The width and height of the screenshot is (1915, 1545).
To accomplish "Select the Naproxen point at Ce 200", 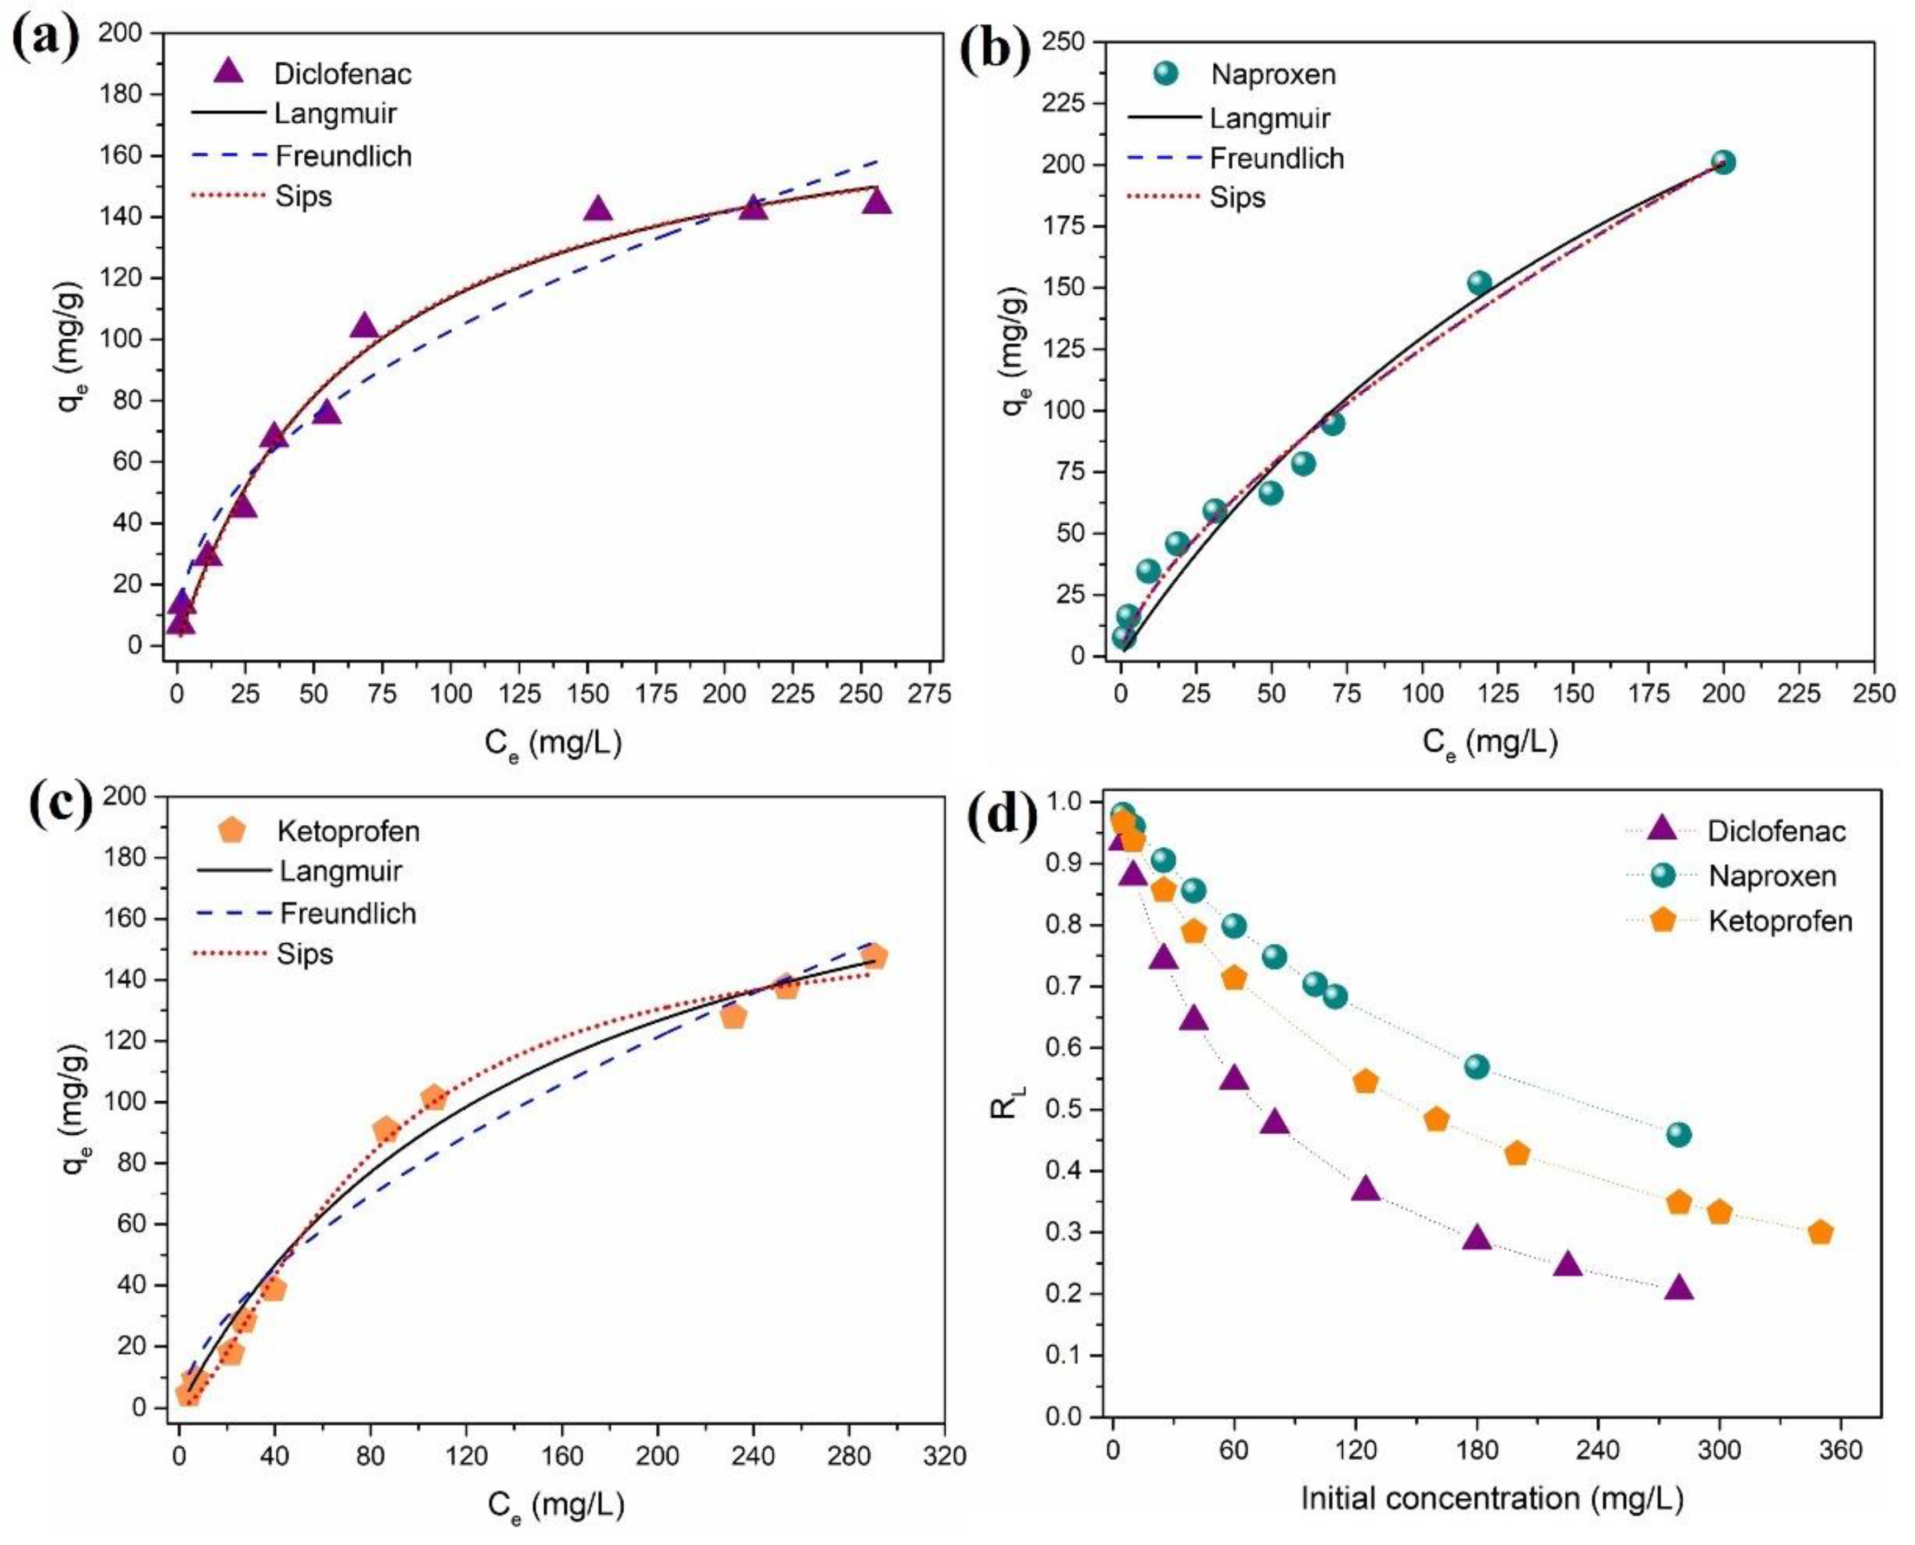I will tap(1723, 162).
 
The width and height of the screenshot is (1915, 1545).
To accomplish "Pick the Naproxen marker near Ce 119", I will tap(1479, 283).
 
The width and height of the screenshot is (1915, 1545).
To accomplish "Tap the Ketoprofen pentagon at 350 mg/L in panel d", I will tap(1821, 1232).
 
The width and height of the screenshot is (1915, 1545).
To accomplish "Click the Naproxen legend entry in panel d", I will tap(1772, 876).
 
